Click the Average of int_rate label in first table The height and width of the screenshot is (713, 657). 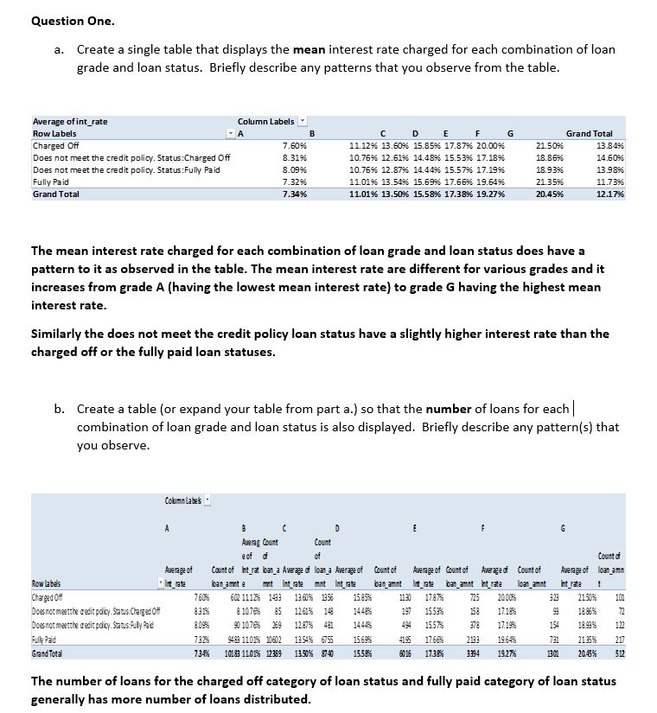tap(70, 122)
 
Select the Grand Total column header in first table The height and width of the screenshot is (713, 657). tap(589, 134)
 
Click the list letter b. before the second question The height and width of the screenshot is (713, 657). tap(63, 409)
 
